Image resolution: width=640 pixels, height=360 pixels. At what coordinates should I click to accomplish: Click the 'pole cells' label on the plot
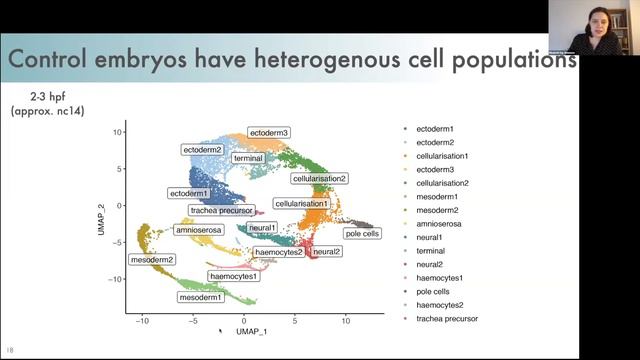coord(361,234)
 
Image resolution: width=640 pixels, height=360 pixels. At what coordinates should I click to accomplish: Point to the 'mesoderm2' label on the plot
coord(152,259)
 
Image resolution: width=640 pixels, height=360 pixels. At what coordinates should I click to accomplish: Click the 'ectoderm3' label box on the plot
coord(270,133)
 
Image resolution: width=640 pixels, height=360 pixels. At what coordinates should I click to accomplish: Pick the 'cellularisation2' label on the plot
coord(319,178)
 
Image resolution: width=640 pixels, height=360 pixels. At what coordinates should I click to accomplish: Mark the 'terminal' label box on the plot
coord(248,158)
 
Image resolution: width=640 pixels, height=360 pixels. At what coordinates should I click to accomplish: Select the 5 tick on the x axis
coord(295,320)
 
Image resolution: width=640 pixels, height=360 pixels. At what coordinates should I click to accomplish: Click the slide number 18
coord(10,350)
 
